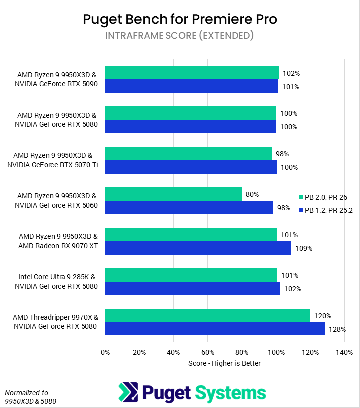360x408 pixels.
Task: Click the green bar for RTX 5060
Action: [173, 194]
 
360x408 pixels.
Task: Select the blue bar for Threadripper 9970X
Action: [215, 329]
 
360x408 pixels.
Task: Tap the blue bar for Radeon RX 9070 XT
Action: [198, 248]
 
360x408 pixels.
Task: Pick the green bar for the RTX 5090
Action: [192, 73]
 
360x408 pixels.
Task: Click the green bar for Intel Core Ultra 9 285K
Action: [191, 275]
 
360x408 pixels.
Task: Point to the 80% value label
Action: [252, 194]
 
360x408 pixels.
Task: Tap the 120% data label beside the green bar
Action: [323, 316]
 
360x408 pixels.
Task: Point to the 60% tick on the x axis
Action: [208, 352]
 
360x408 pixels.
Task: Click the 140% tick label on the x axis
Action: [344, 352]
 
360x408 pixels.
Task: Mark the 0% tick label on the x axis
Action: [105, 352]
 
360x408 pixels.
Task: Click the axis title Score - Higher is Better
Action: [225, 363]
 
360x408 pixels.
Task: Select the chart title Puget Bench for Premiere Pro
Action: [180, 19]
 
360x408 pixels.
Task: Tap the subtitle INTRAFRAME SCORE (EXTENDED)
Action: [180, 36]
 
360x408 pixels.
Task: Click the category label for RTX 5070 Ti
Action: [52, 160]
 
